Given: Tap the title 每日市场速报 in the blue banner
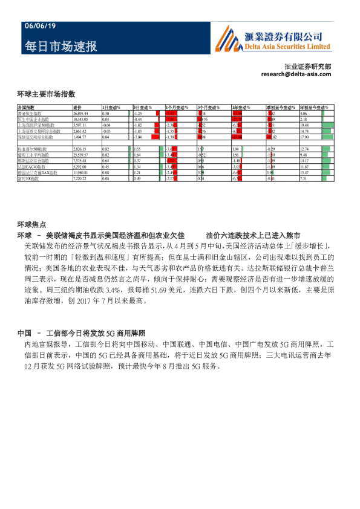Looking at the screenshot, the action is point(61,47).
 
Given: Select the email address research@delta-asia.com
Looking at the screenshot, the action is point(296,74).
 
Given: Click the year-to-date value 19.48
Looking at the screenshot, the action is point(304,125).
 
